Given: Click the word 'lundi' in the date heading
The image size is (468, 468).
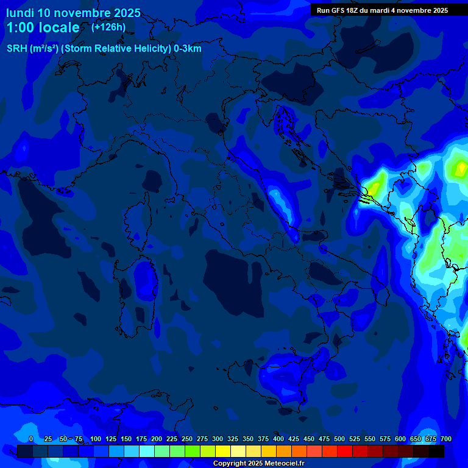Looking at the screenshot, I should (20, 13).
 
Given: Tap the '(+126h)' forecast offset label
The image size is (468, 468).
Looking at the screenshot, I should (108, 27).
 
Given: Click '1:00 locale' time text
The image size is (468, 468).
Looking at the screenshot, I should (43, 27).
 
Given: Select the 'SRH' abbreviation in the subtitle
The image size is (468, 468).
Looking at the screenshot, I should (16, 49).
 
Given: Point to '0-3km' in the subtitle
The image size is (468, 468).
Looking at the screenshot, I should (187, 49).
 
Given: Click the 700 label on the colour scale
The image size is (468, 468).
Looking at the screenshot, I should (445, 439).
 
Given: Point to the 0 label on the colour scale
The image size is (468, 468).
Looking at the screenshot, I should (31, 439).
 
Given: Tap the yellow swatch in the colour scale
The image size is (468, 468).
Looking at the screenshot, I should (223, 451).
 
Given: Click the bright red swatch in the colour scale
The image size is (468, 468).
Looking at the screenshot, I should (345, 451).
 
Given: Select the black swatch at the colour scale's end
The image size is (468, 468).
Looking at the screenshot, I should (436, 451).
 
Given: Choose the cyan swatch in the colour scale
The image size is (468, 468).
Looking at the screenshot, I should (147, 451).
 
